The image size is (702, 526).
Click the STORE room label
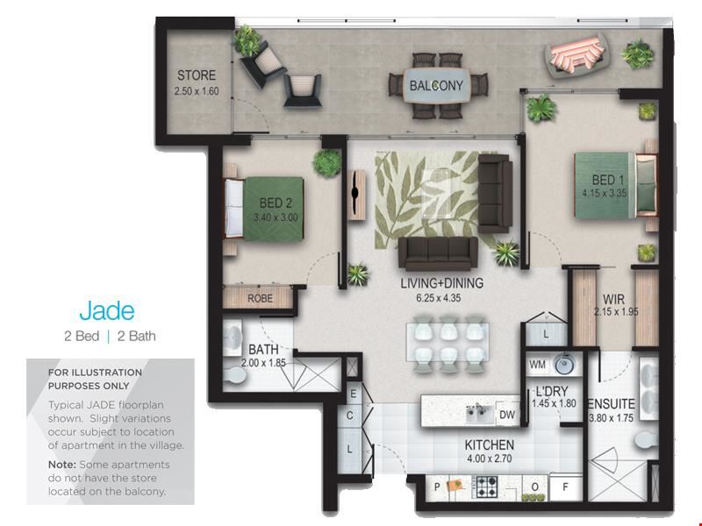(x=197, y=75)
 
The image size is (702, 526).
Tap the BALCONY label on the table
(x=436, y=85)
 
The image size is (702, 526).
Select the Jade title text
(x=107, y=311)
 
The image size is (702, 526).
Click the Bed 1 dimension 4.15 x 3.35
(x=605, y=193)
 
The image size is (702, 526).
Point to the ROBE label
(x=260, y=298)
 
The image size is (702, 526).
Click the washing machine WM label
(x=537, y=365)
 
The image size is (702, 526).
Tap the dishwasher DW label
(x=507, y=415)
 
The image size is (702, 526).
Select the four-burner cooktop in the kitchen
(x=486, y=487)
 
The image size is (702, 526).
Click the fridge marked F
(x=566, y=487)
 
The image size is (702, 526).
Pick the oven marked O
(x=535, y=487)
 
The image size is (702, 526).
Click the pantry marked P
(x=438, y=487)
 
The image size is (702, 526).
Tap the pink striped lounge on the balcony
(x=577, y=54)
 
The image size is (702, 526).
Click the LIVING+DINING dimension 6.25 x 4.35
(x=438, y=298)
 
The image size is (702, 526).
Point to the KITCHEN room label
(x=490, y=445)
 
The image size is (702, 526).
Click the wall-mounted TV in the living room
(x=356, y=194)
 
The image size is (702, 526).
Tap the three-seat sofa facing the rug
(x=438, y=253)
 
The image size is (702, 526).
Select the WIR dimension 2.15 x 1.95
(x=616, y=312)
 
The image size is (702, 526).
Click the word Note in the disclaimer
(x=61, y=465)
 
